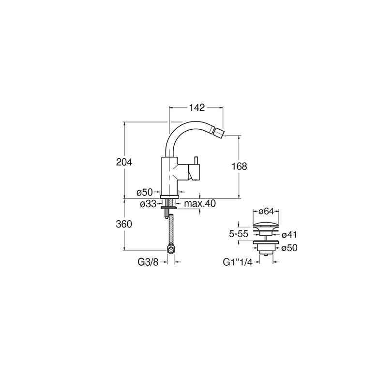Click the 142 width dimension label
[197, 108]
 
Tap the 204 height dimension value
[124, 162]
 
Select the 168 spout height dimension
[239, 166]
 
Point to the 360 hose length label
[124, 224]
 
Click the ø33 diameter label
[149, 204]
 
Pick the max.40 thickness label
[200, 204]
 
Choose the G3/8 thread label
[148, 262]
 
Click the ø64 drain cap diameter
[266, 211]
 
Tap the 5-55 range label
[239, 234]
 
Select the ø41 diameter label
[289, 235]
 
